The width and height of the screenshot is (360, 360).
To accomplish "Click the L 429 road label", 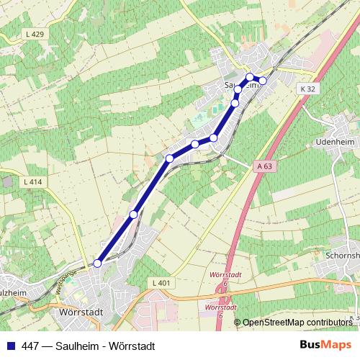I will click(35, 35).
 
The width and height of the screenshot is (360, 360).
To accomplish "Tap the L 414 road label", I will click(33, 183).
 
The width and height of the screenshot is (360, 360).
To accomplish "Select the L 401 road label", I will click(161, 283).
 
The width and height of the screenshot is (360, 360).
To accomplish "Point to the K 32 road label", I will click(308, 89).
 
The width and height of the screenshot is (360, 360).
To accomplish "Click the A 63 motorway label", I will click(264, 166).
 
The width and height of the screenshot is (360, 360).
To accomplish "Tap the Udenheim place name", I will click(336, 143).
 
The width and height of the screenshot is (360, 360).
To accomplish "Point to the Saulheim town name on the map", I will click(242, 84).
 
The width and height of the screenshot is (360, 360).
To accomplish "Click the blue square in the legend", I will click(9, 346).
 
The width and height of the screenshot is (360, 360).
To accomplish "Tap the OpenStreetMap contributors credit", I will click(297, 322).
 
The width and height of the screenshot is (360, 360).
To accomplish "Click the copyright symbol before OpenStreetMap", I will click(238, 322).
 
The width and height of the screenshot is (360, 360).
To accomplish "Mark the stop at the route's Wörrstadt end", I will click(97, 263).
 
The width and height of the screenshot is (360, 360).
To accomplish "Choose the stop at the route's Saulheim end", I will click(263, 80).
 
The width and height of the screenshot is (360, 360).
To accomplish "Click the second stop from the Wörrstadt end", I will click(133, 214).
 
